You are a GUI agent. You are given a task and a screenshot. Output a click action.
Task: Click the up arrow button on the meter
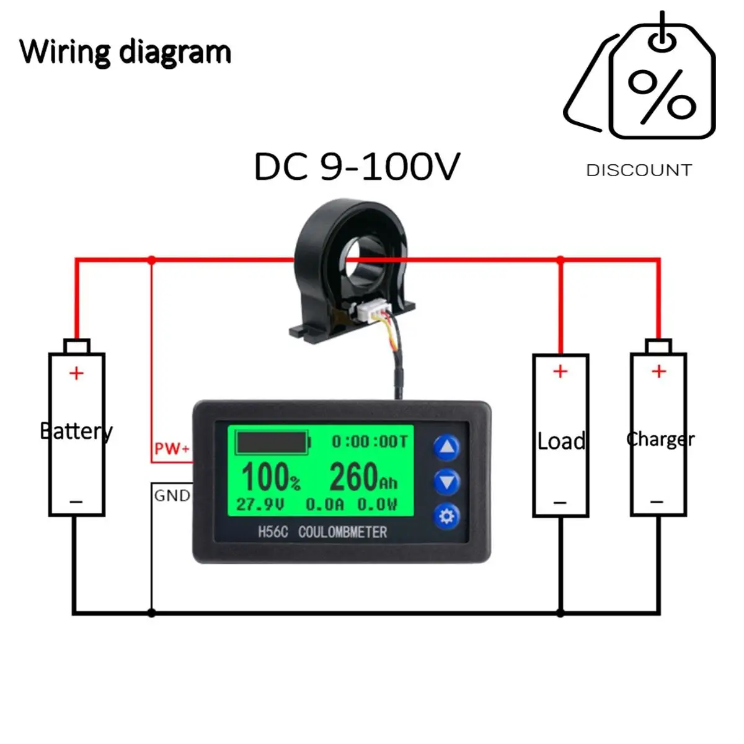(x=446, y=447)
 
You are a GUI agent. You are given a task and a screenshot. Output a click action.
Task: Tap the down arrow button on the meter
(x=446, y=482)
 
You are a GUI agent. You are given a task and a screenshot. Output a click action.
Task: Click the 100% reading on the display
(x=270, y=477)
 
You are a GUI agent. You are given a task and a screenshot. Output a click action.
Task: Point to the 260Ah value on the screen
(x=363, y=477)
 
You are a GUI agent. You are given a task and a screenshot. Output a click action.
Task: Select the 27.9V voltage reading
(x=260, y=504)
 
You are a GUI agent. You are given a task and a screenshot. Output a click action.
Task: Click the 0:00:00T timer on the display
(x=370, y=441)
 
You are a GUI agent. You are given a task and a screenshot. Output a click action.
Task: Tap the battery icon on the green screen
(x=273, y=443)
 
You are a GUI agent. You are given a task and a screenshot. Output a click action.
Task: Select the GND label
(x=172, y=495)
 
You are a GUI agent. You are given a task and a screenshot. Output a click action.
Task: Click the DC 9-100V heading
(x=357, y=167)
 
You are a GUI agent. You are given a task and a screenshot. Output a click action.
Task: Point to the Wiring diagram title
(x=125, y=51)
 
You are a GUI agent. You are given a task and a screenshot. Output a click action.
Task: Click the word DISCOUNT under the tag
(x=639, y=170)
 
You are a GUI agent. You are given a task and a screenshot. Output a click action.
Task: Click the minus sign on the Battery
(x=76, y=501)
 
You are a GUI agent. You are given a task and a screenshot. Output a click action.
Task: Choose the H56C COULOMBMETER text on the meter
(x=322, y=532)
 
